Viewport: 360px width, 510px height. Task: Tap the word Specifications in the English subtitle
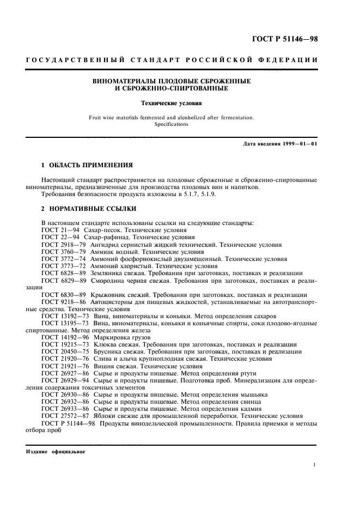[170, 124]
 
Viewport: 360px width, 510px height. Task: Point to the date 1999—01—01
[297, 143]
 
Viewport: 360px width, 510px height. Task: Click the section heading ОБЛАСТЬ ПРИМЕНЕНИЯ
[88, 164]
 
